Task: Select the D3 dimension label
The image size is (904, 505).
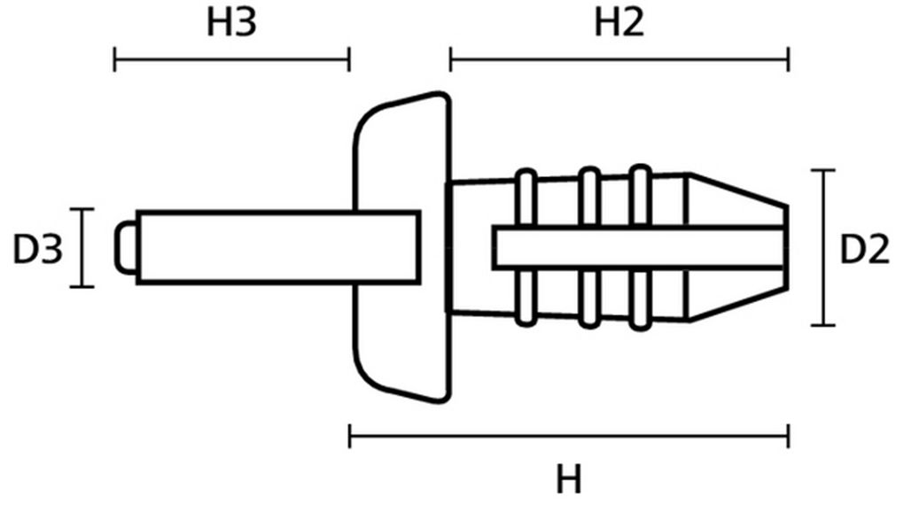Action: tap(37, 250)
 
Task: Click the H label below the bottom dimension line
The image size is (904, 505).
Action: tap(569, 479)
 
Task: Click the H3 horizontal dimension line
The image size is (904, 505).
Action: tap(232, 58)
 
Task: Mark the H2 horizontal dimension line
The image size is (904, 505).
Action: tap(620, 58)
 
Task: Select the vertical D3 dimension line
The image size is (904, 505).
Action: tap(82, 248)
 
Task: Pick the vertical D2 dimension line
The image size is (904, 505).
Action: tap(823, 248)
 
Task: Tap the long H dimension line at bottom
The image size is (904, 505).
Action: tap(569, 437)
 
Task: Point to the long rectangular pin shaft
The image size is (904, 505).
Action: tap(278, 248)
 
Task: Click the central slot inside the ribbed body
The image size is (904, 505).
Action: tap(638, 248)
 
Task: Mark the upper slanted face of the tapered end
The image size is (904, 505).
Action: tap(738, 189)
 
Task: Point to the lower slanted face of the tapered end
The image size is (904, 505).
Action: tap(738, 304)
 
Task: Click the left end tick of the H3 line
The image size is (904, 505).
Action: tap(114, 58)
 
